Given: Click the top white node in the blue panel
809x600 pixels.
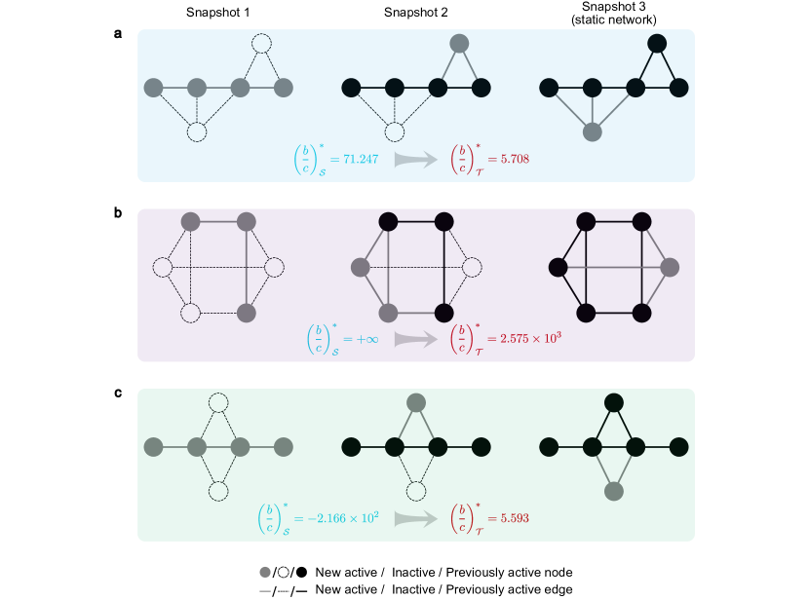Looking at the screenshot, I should (261, 43).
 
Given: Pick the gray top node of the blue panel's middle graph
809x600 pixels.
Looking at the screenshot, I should (459, 43).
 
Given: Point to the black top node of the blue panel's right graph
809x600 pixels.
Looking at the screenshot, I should (657, 43).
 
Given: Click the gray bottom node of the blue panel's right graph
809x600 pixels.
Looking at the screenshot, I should (592, 131).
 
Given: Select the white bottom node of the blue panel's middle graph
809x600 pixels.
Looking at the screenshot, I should (394, 131).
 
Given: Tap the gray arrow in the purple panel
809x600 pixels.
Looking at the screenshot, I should (416, 339).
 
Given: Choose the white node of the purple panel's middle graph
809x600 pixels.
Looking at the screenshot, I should (472, 267).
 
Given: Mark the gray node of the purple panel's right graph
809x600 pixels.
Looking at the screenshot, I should (670, 267).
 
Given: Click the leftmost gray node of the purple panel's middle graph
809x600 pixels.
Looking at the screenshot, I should (361, 267).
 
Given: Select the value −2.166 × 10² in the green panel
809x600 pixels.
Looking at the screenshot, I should (335, 518).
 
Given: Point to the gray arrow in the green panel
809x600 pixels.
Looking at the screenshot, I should (416, 518).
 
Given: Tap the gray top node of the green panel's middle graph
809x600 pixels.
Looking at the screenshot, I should (416, 402).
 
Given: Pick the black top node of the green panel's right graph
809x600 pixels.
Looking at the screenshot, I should (614, 402).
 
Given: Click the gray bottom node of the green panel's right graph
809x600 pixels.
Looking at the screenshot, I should (614, 491).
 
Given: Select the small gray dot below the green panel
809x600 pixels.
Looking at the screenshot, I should (265, 572).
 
